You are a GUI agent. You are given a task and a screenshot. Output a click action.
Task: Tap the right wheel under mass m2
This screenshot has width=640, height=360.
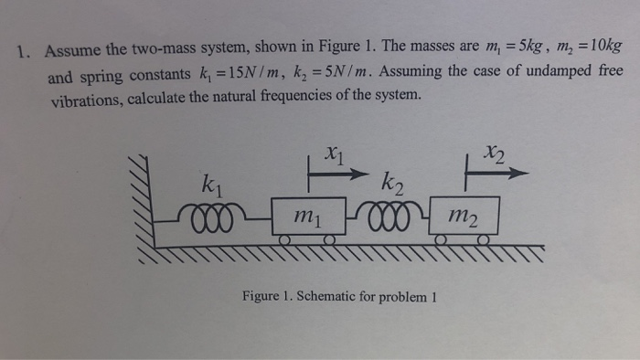pyautogui.click(x=484, y=240)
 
